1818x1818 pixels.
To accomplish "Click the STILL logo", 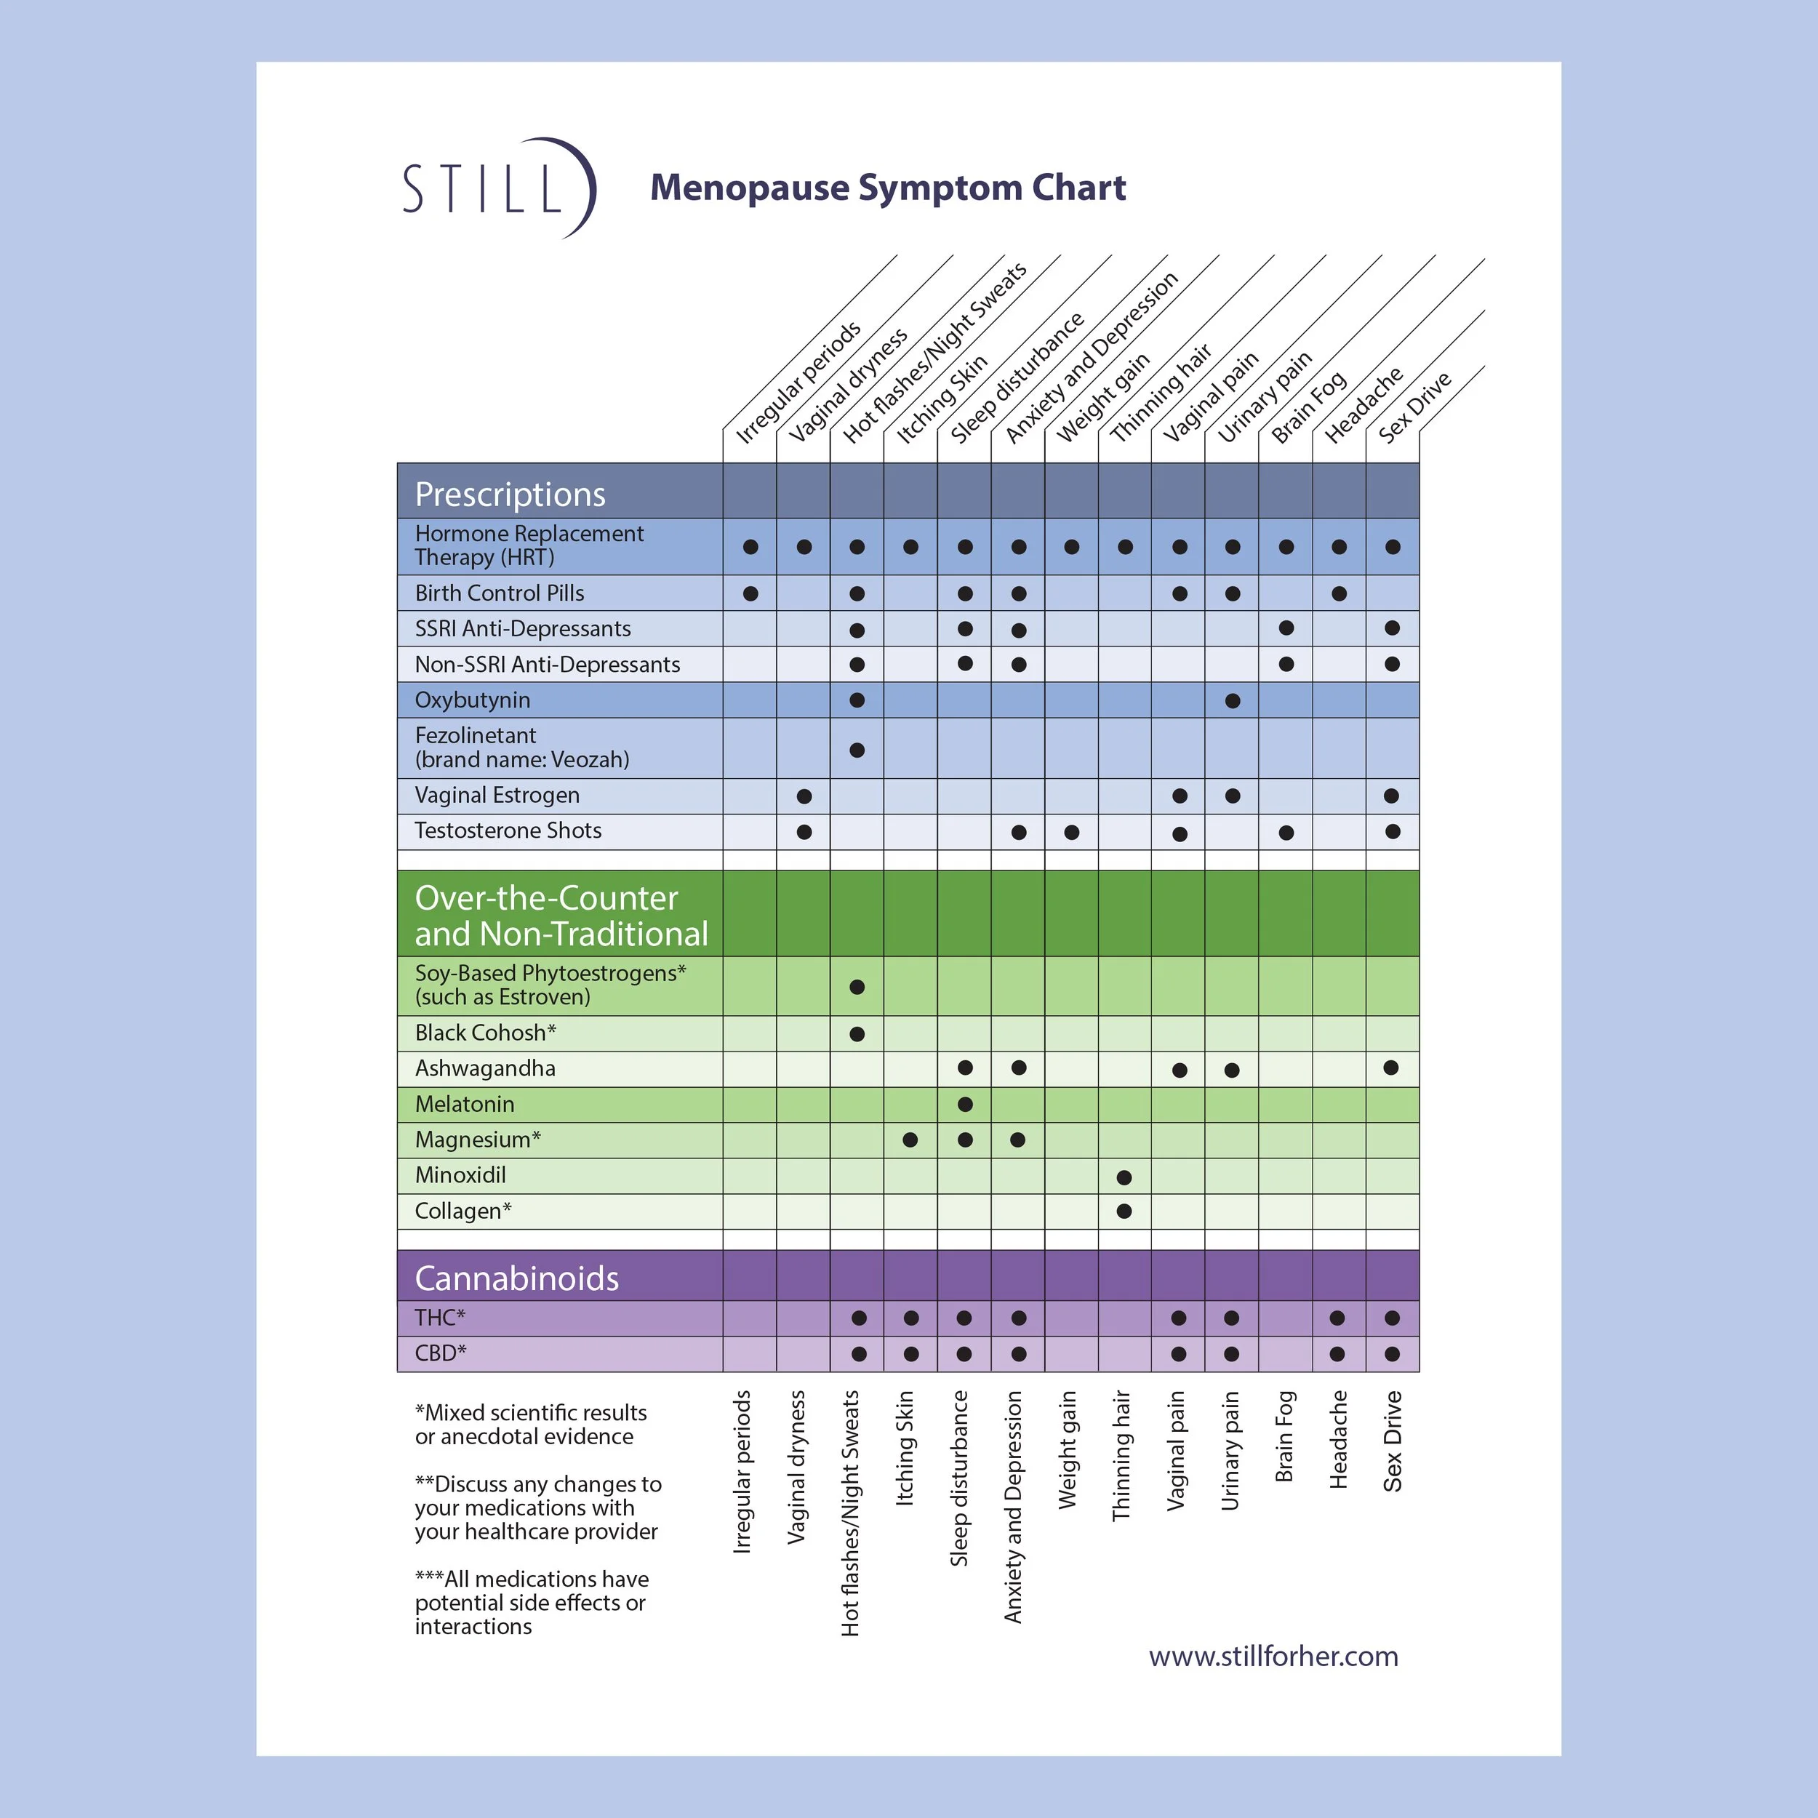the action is (499, 188).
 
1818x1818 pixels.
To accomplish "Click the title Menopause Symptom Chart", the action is (887, 188).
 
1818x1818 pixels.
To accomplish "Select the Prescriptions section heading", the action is (510, 494).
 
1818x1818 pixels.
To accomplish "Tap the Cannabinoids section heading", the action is (516, 1278).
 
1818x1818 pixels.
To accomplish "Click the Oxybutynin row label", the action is (473, 700).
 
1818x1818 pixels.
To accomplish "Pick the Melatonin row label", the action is (465, 1104).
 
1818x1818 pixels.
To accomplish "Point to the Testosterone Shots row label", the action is (508, 830).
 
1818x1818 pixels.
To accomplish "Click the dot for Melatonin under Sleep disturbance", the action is (964, 1104).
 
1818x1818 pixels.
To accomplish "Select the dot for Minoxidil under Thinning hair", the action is (1124, 1177).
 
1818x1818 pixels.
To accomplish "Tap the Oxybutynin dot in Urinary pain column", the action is (1233, 701).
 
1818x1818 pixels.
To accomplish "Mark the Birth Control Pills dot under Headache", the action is (1339, 594).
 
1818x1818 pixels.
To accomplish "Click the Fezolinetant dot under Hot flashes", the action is (857, 750).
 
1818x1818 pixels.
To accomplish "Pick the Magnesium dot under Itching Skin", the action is (910, 1140).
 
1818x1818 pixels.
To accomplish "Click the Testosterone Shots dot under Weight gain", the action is (1072, 832).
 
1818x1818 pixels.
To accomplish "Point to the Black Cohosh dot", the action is (857, 1034).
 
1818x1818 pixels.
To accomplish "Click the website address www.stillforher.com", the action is (1273, 1656).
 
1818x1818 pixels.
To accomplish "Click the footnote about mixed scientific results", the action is (531, 1425).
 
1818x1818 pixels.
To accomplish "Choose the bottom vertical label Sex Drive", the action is (1393, 1441).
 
